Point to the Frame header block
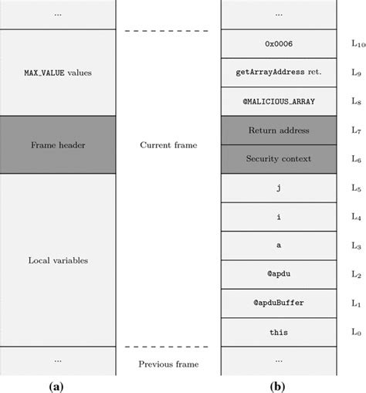point(57,144)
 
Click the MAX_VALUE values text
point(57,73)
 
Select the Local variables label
point(57,260)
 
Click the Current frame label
point(168,144)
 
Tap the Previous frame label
point(168,364)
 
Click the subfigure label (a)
point(57,384)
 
